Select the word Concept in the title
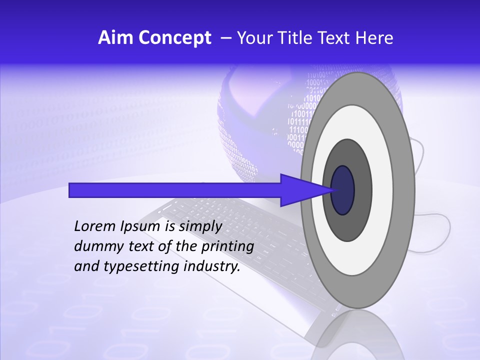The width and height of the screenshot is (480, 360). click(x=174, y=38)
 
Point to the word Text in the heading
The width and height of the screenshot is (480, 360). click(x=336, y=38)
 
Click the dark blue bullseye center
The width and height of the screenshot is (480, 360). click(x=343, y=190)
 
